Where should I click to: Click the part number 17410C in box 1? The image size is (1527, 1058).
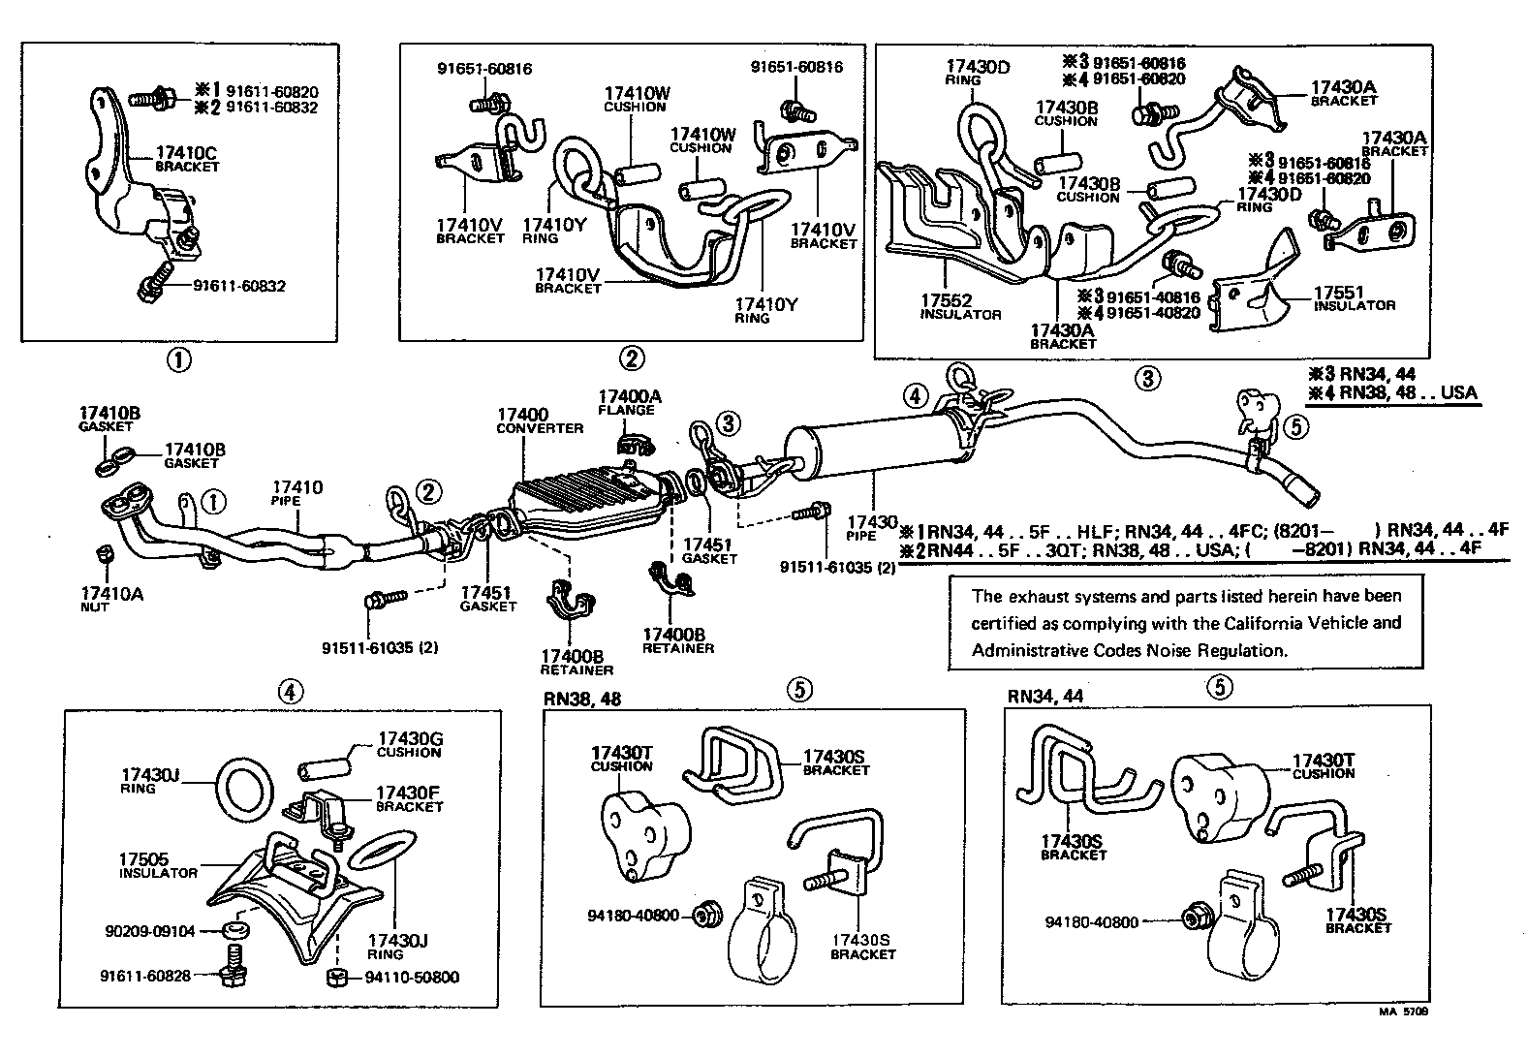click(x=186, y=153)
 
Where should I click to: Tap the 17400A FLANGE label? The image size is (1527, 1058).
click(x=629, y=401)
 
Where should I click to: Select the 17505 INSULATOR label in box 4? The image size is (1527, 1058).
click(x=157, y=864)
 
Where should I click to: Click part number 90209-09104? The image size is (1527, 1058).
click(x=149, y=931)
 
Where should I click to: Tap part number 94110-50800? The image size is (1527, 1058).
click(x=412, y=977)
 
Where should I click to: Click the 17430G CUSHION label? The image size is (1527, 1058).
click(x=409, y=744)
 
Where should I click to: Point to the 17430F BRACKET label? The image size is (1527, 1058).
click(x=409, y=797)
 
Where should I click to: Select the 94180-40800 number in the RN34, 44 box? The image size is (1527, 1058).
click(x=1091, y=922)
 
